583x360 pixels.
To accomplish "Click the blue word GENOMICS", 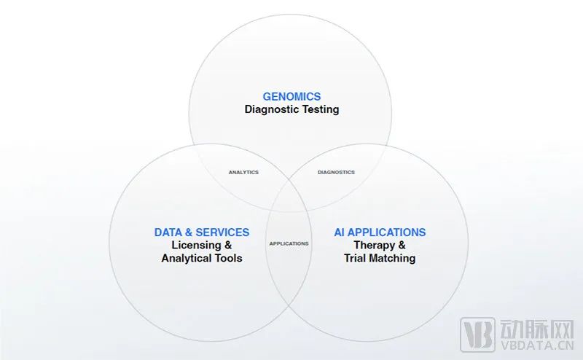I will tap(291, 96).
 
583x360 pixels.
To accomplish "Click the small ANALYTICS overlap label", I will tap(243, 172).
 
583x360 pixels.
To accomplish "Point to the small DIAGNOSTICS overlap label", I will tap(336, 172).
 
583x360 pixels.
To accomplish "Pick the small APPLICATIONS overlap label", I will tap(289, 243).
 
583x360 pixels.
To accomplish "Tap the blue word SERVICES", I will tap(222, 232).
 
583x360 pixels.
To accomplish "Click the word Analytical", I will tap(187, 258).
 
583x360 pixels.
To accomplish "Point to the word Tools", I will tap(229, 258).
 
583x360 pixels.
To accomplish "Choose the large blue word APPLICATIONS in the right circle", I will tap(387, 232).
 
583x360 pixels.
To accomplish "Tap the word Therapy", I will tap(374, 245).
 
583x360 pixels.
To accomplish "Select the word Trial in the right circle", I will tap(356, 258).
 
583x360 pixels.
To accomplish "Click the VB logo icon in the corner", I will tap(474, 333).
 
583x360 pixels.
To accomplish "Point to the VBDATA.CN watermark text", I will tap(533, 348).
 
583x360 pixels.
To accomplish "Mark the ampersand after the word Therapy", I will tap(402, 245).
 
